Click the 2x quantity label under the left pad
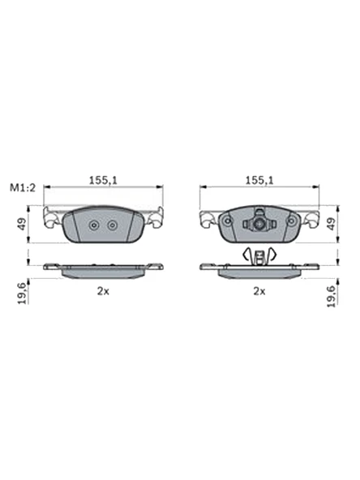103,289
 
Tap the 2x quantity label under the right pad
259,289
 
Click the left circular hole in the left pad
94,225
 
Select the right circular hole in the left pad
112,225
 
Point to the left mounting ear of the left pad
53,219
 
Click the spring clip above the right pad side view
259,255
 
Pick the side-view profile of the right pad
259,271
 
